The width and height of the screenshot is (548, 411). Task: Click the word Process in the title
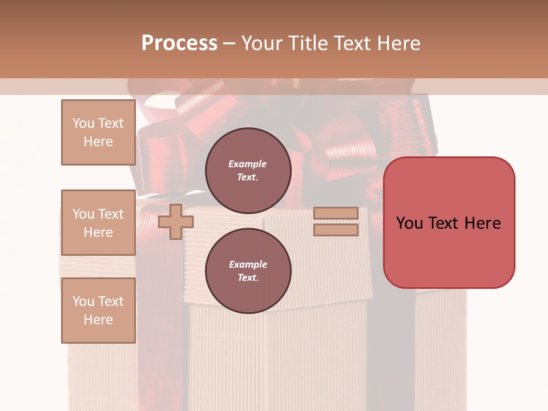click(179, 43)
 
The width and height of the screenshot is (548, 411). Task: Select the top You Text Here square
click(98, 132)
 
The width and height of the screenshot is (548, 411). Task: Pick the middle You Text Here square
click(98, 222)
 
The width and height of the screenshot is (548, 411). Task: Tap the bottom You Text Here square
click(98, 311)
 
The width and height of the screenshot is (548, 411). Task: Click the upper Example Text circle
click(248, 170)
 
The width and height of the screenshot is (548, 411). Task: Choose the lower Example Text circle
click(248, 271)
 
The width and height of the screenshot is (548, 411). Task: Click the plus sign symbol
click(175, 221)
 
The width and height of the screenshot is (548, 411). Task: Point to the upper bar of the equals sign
click(336, 213)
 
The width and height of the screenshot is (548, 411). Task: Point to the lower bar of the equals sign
click(336, 230)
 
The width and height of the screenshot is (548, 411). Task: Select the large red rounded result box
click(449, 222)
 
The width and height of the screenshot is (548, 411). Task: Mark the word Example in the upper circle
click(247, 164)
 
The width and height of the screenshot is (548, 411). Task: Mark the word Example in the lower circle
click(248, 264)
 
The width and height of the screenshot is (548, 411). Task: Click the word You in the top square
click(83, 123)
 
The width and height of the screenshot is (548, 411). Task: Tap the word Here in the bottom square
click(98, 320)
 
